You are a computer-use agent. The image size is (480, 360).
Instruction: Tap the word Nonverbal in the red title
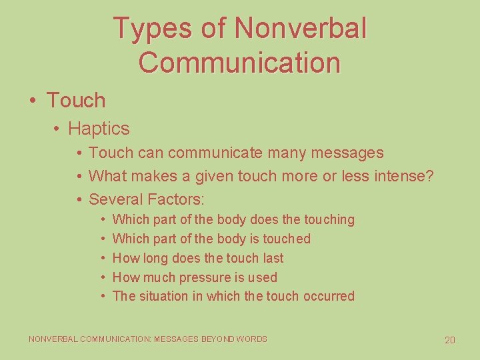point(301,29)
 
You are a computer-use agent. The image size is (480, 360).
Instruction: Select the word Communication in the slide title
point(240,63)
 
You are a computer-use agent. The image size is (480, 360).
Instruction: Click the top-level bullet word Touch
point(76,101)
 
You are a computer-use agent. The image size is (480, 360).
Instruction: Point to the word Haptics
point(99,128)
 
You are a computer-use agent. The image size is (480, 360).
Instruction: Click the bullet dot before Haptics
point(58,128)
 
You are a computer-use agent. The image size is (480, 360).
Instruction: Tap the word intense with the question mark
point(405,176)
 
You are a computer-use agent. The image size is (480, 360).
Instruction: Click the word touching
point(329,219)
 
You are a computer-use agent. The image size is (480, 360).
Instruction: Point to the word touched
point(285,239)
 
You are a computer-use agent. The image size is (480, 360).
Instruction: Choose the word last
point(271,258)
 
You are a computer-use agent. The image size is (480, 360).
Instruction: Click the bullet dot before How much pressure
point(104,277)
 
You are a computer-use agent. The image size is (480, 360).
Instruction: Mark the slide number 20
point(450,341)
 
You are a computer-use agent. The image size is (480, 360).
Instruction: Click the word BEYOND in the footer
point(216,339)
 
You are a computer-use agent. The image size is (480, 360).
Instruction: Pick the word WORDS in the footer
point(252,339)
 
